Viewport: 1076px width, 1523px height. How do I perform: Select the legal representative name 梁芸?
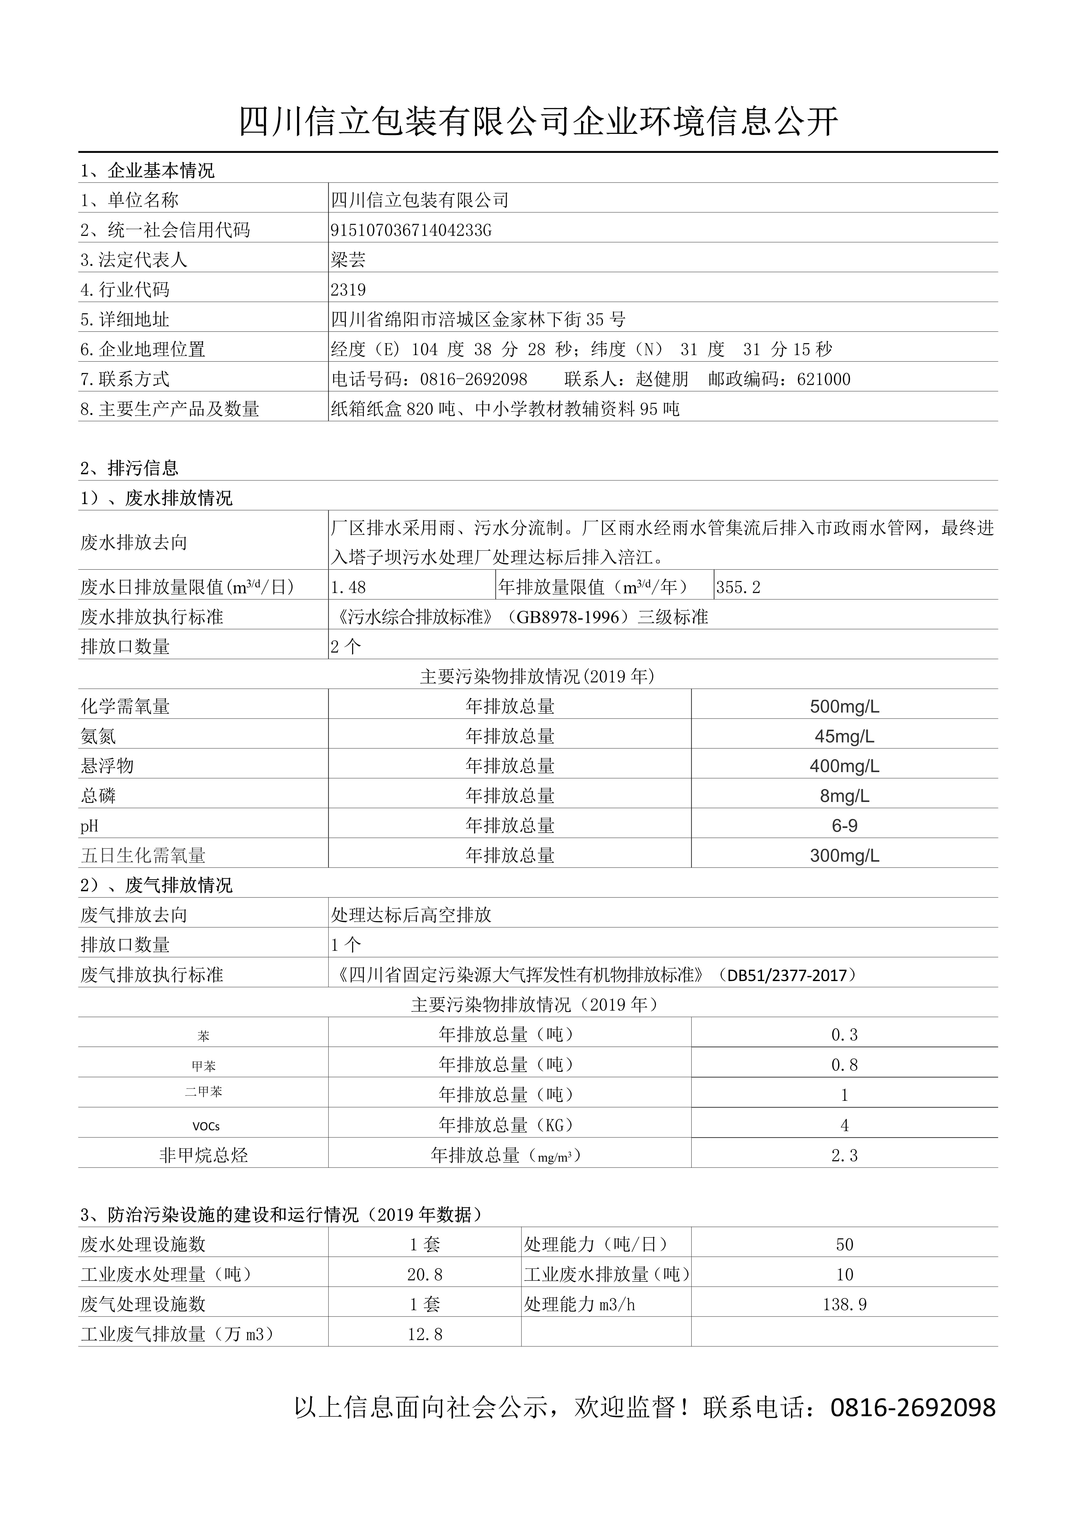(x=348, y=260)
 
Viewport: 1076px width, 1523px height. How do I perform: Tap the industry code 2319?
(x=348, y=290)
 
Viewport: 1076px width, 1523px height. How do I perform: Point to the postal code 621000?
(x=823, y=379)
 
